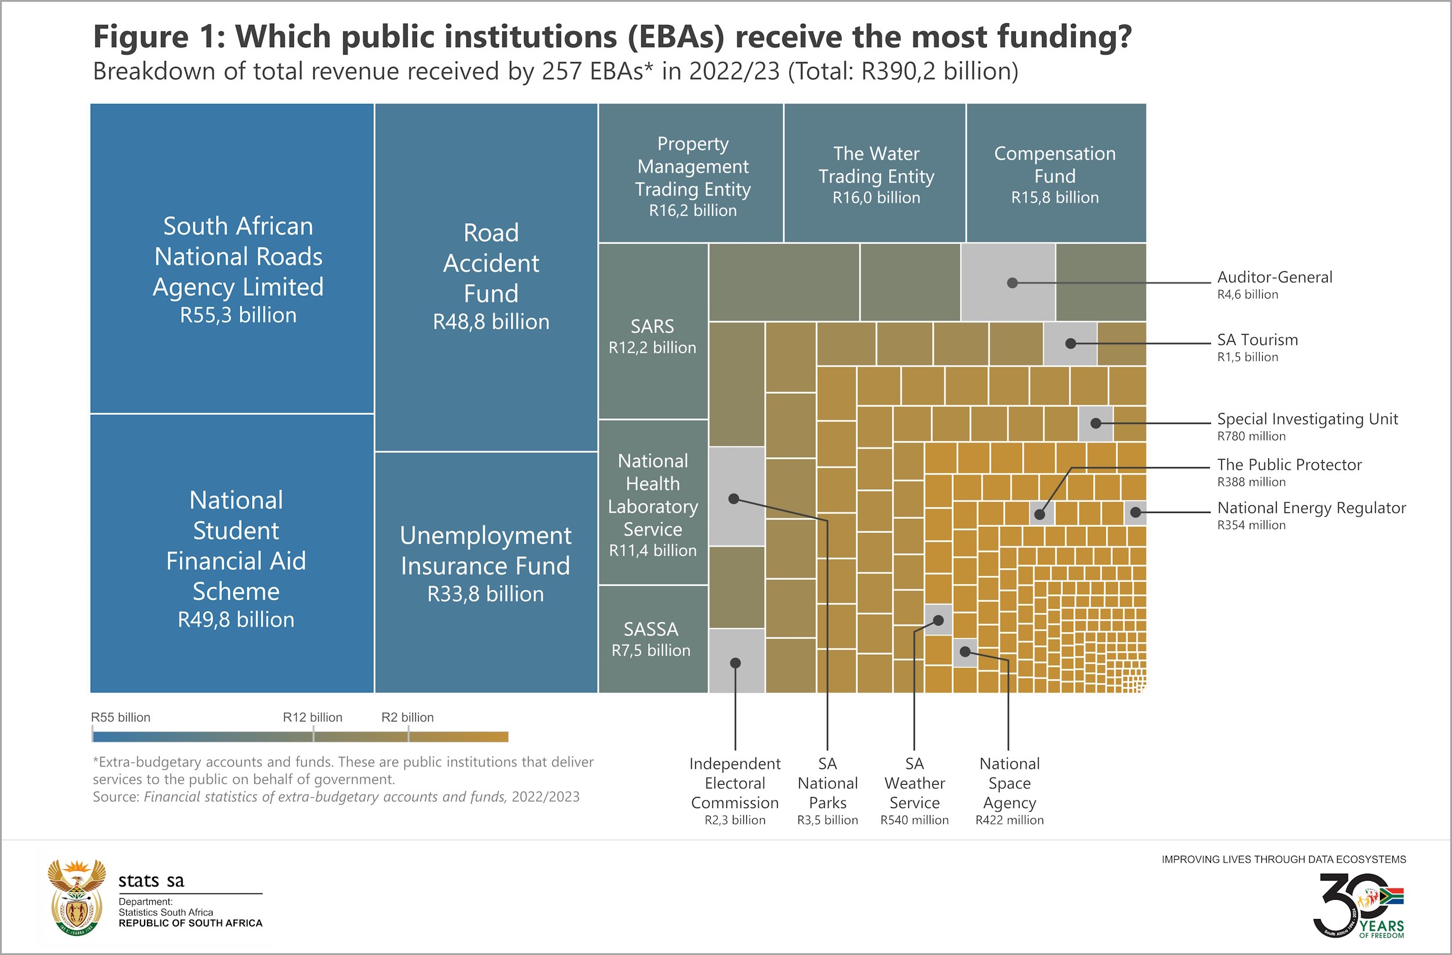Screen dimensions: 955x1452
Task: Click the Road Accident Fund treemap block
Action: pos(486,278)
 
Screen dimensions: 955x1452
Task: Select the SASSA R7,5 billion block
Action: pos(652,639)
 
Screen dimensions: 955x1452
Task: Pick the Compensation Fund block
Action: pos(1055,173)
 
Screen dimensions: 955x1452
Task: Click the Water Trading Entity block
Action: pos(875,173)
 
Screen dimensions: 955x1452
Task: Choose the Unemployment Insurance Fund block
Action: pos(486,565)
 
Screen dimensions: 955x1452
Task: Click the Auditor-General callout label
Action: pos(1274,285)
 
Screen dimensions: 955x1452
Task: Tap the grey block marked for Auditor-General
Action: pos(1008,282)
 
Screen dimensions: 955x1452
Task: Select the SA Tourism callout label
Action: pos(1257,347)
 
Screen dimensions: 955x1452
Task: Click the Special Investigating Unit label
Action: pos(1307,426)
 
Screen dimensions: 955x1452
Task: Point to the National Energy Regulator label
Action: pos(1311,515)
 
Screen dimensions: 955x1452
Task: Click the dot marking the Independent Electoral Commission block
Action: pos(735,663)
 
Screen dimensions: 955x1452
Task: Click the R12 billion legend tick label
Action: pos(312,717)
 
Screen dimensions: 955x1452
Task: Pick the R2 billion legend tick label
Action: pos(408,717)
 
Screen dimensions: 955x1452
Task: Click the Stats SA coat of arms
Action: pos(77,897)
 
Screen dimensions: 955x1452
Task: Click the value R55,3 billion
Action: pos(238,315)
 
